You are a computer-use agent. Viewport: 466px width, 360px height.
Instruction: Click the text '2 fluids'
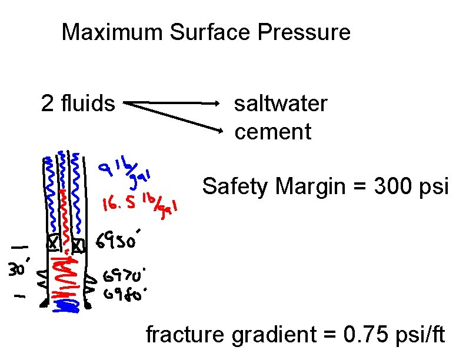[78, 104]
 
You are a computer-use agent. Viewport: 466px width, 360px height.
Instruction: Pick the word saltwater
[281, 104]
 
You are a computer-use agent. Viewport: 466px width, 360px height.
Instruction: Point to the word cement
[272, 132]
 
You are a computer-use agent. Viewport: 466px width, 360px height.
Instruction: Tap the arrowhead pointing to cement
[221, 129]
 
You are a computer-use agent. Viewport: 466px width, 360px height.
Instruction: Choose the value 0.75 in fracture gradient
[365, 335]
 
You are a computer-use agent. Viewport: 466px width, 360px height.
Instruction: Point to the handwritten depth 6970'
[125, 275]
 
